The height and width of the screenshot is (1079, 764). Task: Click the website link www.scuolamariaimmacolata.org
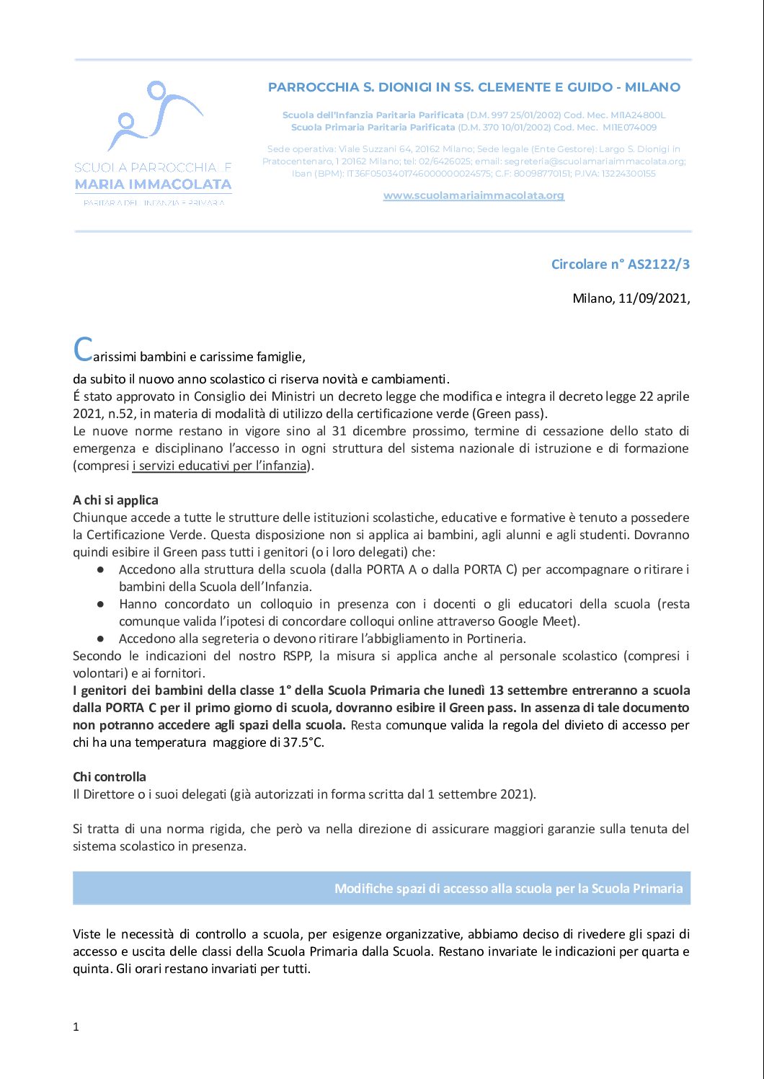pos(474,195)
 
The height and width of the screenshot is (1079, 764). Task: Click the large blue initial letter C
pos(83,351)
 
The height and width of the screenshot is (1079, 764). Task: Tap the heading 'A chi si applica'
pos(115,500)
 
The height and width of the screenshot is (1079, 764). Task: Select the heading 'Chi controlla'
pos(110,777)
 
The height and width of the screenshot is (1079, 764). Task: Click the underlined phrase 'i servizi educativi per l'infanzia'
pos(220,466)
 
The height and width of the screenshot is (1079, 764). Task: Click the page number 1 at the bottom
pos(76,1027)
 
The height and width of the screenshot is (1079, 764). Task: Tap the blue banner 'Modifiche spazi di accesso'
pos(381,888)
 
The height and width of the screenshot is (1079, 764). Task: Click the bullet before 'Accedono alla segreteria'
pos(101,639)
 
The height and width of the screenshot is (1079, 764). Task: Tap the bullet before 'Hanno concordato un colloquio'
pos(101,604)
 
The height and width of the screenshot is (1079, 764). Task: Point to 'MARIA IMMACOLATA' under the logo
pos(154,185)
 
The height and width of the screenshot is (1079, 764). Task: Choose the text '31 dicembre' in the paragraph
pos(368,431)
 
